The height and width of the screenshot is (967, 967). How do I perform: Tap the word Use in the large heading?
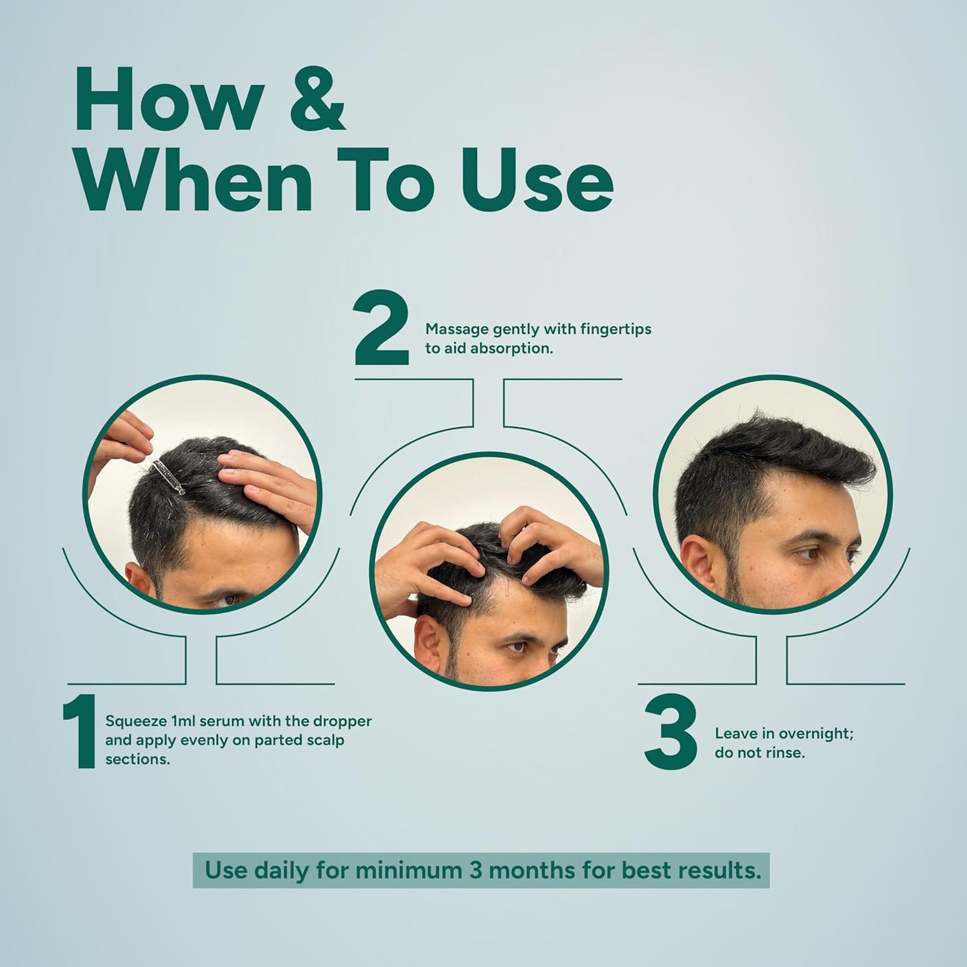537,181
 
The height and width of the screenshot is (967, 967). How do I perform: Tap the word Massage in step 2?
457,330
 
